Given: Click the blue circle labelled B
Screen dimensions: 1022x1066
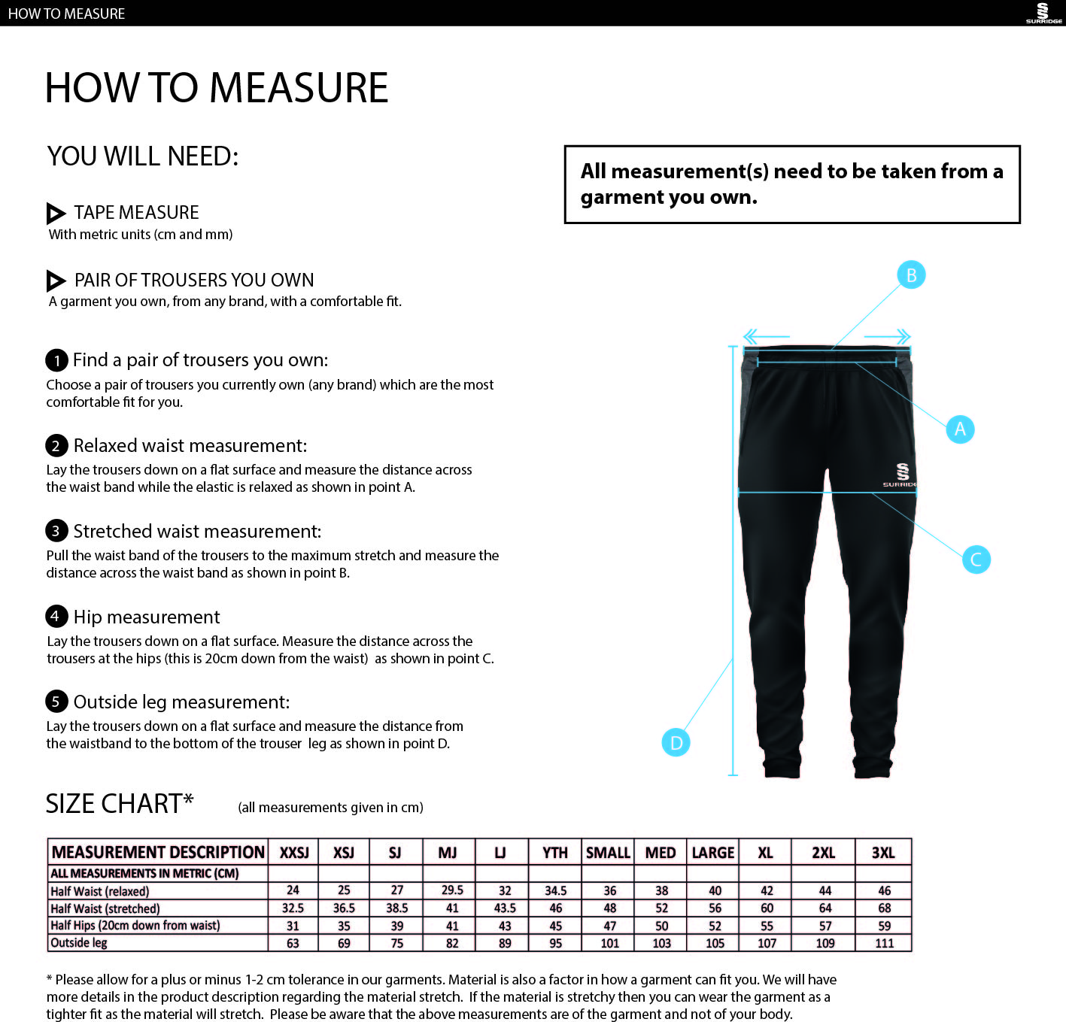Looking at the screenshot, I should pos(911,275).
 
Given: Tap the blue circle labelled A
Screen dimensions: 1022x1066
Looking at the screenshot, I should pos(960,429).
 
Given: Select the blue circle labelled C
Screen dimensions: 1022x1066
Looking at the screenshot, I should pos(976,560).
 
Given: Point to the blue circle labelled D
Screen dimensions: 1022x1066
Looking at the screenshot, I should pos(676,743).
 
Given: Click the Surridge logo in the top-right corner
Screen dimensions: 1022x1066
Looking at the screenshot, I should pos(1043,13).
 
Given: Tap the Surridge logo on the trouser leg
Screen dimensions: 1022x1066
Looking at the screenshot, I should pos(902,475).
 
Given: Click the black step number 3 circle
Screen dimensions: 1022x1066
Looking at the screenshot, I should pos(56,531).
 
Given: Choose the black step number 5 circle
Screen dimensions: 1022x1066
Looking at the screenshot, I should pos(56,702).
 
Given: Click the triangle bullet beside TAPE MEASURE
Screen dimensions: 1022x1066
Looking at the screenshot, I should pos(56,213).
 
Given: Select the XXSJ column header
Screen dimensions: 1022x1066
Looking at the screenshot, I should pos(294,853).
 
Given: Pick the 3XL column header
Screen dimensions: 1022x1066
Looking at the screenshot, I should pos(883,853).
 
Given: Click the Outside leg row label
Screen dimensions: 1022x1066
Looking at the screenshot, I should pos(79,943).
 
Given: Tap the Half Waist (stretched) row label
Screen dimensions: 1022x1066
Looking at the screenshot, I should pos(105,908).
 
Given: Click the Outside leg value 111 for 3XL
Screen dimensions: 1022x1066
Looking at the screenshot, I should pos(885,943).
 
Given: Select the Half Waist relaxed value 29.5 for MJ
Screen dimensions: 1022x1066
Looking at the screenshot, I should pos(452,890).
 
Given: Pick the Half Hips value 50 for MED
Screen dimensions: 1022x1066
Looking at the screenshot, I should pos(662,926).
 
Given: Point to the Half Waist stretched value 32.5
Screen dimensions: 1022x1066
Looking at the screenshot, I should pos(293,908).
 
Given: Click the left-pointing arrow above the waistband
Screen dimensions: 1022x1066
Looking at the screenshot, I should pos(765,336).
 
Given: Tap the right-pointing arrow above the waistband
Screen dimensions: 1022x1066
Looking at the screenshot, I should pos(888,336).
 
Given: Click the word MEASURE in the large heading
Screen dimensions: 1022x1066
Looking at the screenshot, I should pos(299,87).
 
